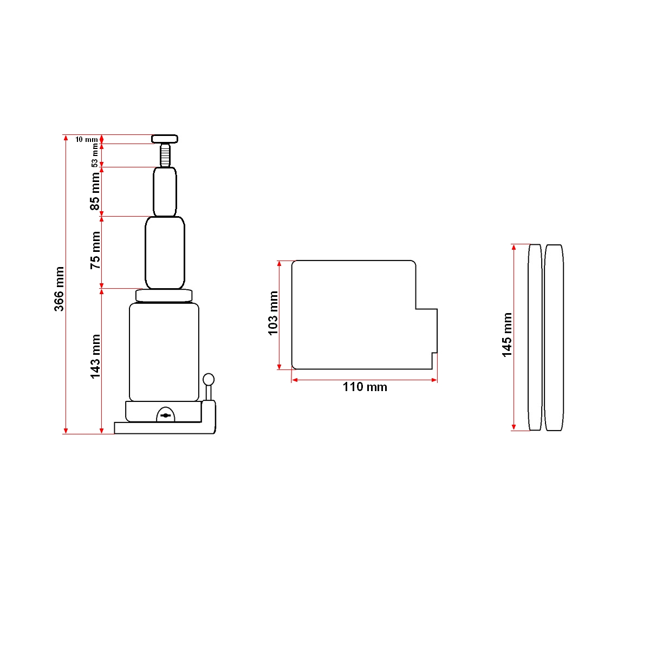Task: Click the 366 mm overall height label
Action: [59, 289]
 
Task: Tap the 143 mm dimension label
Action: [95, 356]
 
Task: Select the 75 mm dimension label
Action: [95, 250]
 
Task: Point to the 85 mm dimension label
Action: [95, 191]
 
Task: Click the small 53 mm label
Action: [95, 155]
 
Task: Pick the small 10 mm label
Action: [86, 140]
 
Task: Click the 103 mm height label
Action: [273, 313]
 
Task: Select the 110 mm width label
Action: [365, 387]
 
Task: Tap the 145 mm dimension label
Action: [507, 335]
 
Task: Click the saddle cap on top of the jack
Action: [165, 139]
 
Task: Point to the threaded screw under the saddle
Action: [165, 155]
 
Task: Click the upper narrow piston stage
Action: [165, 192]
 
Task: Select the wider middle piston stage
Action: [165, 252]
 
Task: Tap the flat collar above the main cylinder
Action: [164, 295]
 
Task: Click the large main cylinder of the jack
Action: [164, 352]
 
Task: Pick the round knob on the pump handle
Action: [209, 379]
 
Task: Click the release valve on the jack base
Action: [166, 415]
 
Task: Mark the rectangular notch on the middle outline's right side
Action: [426, 330]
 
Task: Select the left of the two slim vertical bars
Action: [535, 337]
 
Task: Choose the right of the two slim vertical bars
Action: [554, 337]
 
